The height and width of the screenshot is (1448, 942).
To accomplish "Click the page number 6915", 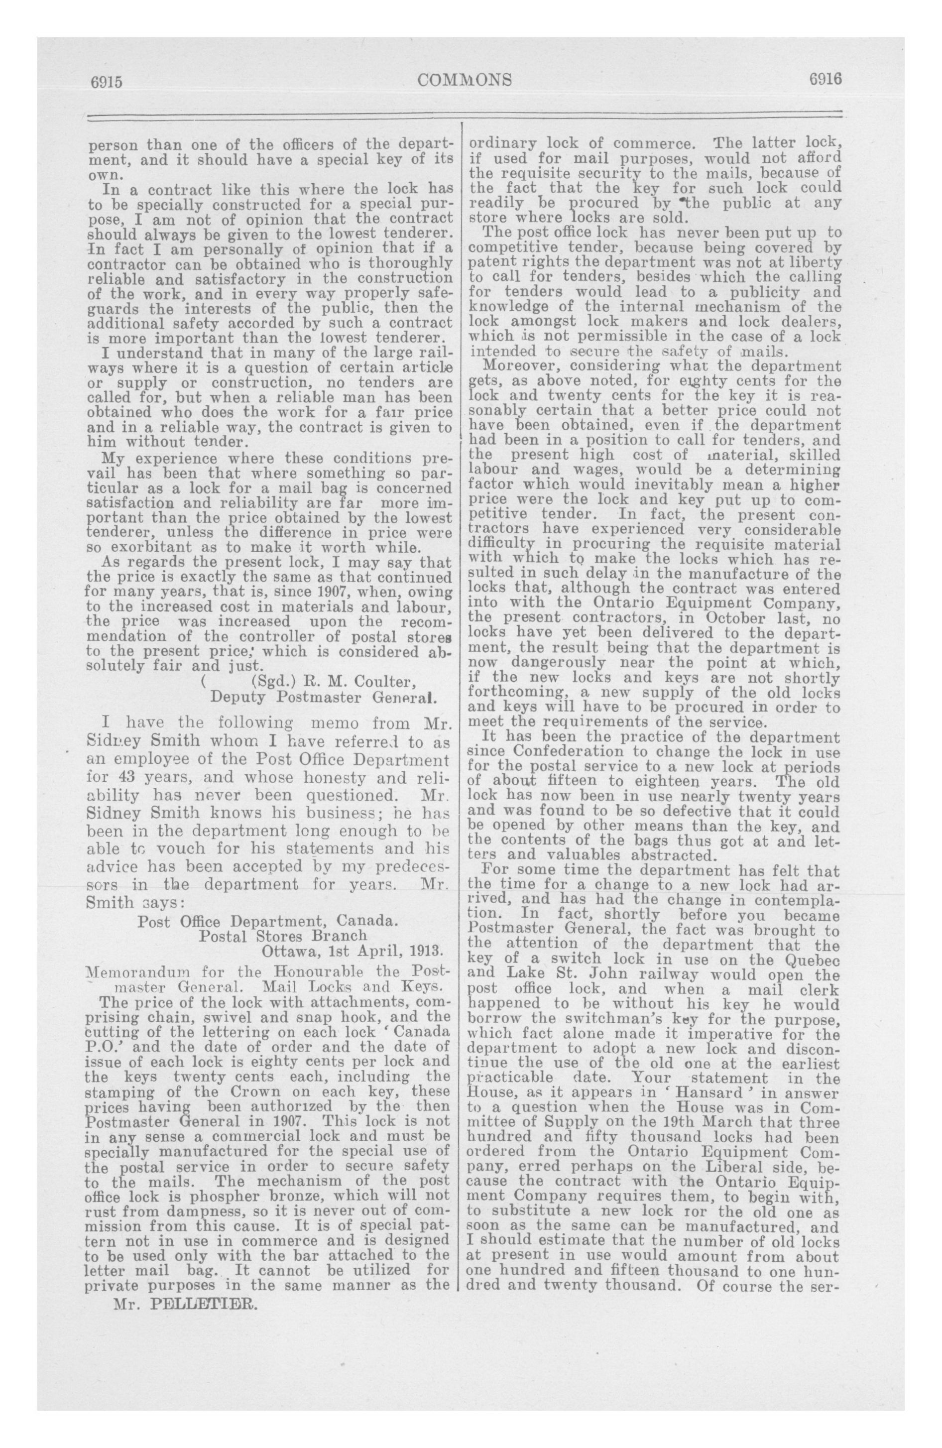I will click(x=107, y=81).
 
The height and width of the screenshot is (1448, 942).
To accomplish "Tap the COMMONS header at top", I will click(x=465, y=80).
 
